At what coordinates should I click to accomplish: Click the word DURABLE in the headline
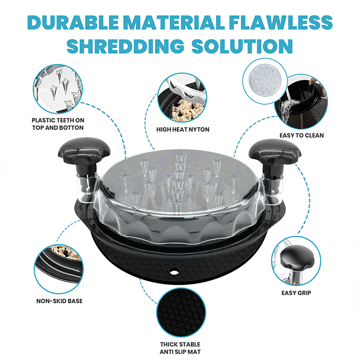[73, 22]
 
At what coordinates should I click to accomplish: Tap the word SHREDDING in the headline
[126, 46]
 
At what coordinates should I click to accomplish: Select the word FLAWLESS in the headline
[280, 22]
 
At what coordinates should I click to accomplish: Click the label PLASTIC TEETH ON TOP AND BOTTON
[58, 124]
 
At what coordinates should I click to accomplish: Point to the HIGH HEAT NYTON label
[183, 130]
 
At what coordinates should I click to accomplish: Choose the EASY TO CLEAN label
[301, 135]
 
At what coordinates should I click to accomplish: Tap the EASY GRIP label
[296, 293]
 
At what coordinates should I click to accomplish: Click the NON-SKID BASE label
[59, 301]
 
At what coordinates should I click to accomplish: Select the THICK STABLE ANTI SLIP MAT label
[180, 348]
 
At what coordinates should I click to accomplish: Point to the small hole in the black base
[174, 272]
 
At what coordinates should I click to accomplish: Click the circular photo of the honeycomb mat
[181, 312]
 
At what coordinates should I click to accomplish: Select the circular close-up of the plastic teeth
[58, 89]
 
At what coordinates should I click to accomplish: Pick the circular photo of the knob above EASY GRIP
[296, 261]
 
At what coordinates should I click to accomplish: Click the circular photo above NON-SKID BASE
[59, 269]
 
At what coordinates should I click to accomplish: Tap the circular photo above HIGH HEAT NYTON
[182, 98]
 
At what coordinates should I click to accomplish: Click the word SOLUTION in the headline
[242, 46]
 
